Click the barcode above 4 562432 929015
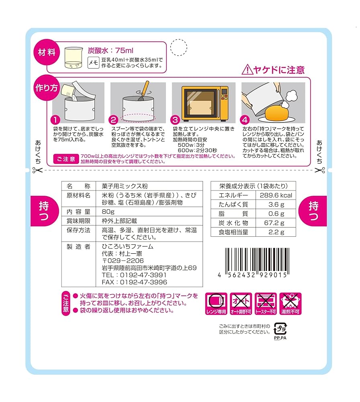pyautogui.click(x=256, y=260)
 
